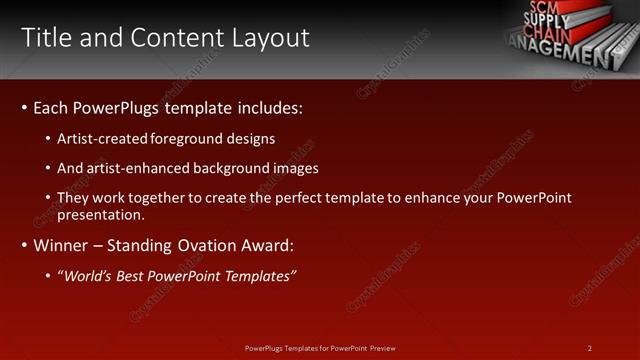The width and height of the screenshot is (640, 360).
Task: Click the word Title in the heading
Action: click(x=47, y=38)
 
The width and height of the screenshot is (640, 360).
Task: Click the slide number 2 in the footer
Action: click(x=590, y=348)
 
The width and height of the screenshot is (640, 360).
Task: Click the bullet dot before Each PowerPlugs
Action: click(x=24, y=107)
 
